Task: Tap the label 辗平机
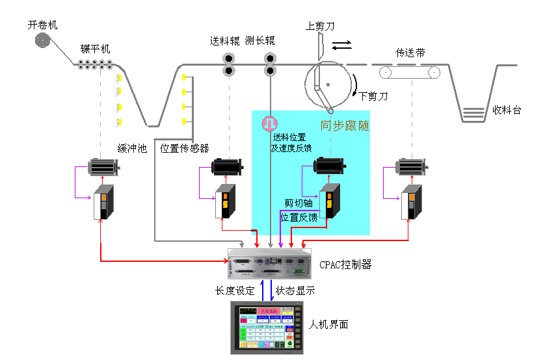96,49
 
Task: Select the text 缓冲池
132,149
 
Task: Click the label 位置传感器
185,148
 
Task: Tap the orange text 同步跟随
345,125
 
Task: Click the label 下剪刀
373,96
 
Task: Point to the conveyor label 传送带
410,53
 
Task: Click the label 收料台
507,110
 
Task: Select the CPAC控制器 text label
345,264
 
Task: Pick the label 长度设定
235,291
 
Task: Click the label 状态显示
295,291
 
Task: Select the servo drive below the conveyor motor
411,202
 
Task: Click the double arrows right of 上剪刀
342,45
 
